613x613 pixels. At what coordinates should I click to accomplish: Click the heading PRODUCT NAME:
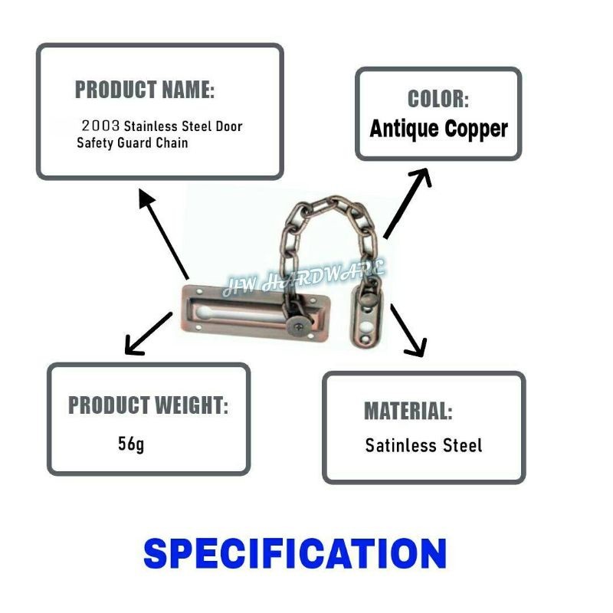point(144,90)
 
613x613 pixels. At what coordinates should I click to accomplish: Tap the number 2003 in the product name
point(100,126)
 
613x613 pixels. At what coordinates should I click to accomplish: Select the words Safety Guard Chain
point(133,143)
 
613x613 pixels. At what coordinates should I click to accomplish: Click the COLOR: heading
point(438,99)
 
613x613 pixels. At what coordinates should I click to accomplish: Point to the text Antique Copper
point(438,128)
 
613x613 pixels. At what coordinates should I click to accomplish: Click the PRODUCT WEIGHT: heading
point(148,405)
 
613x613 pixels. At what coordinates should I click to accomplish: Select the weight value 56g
point(130,444)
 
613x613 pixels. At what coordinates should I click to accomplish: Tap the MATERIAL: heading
point(408,411)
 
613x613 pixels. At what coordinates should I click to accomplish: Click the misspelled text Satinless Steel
point(424,445)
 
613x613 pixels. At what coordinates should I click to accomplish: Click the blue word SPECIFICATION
point(295,553)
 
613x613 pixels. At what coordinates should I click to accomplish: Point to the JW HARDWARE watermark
point(304,278)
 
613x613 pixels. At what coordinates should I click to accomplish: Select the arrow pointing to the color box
point(407,203)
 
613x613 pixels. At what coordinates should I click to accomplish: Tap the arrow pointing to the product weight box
point(149,334)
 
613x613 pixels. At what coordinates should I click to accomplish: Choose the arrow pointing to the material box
point(407,330)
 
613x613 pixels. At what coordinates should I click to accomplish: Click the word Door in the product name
point(229,126)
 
